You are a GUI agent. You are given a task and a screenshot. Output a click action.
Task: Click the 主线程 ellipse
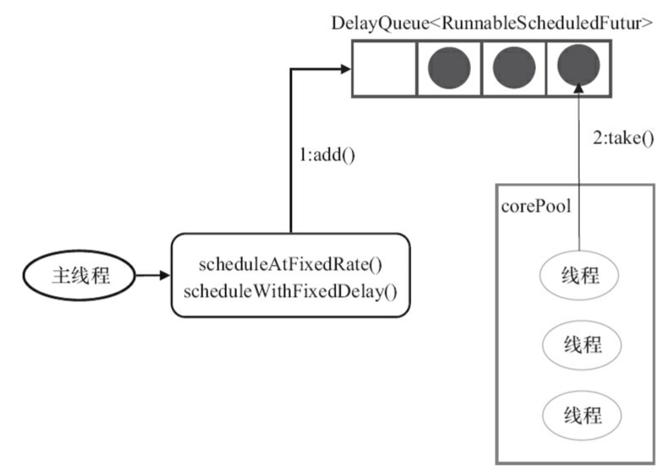(x=79, y=275)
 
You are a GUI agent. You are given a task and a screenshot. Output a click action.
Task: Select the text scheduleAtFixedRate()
(x=290, y=264)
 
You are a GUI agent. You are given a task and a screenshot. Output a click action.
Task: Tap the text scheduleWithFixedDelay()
(x=290, y=292)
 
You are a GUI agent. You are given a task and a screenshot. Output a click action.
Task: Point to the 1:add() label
(x=327, y=155)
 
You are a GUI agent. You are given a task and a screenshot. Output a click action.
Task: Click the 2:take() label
(x=623, y=138)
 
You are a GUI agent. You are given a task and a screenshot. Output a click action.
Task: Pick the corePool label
(x=536, y=206)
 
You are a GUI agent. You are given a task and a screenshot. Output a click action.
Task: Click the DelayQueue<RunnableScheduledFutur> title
(x=492, y=23)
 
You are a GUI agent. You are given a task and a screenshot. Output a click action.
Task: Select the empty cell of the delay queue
(x=384, y=69)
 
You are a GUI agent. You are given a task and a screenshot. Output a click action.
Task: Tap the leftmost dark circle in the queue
(x=450, y=68)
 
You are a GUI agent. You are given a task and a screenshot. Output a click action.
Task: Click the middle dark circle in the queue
(x=514, y=68)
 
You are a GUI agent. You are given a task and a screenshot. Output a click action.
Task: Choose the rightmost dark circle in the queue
(x=578, y=65)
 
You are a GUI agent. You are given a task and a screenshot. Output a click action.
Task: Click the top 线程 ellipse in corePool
(x=579, y=275)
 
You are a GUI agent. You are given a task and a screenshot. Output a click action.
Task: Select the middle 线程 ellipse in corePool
(x=582, y=345)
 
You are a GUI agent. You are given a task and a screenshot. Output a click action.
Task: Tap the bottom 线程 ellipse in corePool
(x=582, y=416)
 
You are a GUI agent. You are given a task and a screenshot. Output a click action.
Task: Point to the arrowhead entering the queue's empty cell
(x=346, y=69)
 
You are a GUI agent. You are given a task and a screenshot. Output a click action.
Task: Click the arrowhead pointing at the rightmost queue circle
(x=579, y=88)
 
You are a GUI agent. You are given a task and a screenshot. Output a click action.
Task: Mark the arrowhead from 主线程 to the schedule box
(x=164, y=275)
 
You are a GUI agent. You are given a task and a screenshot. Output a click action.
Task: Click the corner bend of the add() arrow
(x=291, y=70)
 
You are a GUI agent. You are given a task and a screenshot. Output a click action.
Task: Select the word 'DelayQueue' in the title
(x=380, y=24)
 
